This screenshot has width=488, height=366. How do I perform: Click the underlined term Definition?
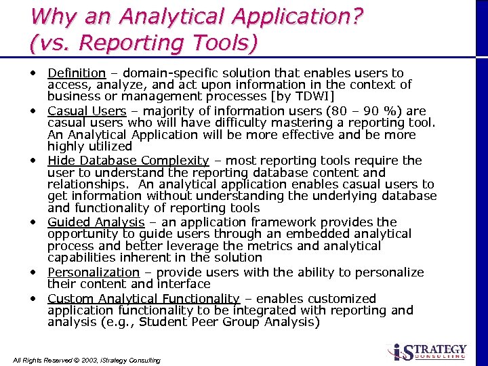tap(77, 73)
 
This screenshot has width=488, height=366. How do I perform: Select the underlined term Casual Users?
tap(87, 110)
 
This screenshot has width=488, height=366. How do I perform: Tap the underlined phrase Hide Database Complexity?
tap(128, 161)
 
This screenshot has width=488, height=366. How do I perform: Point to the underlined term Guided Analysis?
tap(96, 222)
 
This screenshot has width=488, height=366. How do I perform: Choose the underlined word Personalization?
tap(93, 272)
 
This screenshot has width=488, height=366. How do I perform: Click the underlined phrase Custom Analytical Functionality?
tap(143, 298)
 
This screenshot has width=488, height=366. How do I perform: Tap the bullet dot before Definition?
tap(33, 72)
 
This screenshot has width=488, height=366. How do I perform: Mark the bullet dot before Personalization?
tap(33, 271)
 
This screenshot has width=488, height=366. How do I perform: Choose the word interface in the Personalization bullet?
tap(184, 284)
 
